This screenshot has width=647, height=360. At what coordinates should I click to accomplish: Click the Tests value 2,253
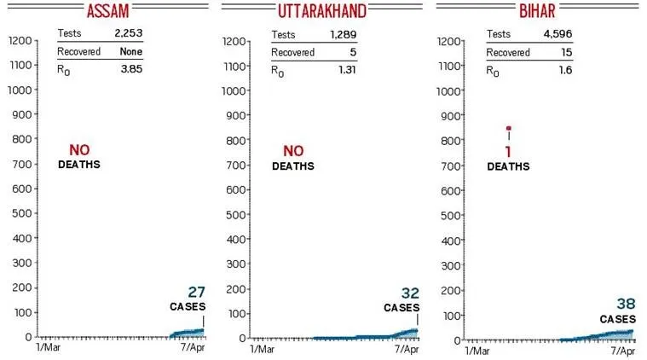click(129, 34)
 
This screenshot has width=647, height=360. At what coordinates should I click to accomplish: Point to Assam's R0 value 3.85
click(131, 70)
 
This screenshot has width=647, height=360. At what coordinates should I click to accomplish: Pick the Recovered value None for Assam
click(130, 52)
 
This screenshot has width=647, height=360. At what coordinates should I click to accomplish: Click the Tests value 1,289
click(343, 34)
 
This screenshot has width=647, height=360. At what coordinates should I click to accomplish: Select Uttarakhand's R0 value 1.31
click(345, 70)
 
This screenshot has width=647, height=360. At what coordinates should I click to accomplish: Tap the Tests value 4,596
click(557, 34)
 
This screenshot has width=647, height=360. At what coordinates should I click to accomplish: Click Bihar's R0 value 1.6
click(564, 70)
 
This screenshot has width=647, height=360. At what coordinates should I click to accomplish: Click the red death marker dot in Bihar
click(509, 129)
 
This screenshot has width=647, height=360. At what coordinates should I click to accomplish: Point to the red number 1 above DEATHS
click(509, 151)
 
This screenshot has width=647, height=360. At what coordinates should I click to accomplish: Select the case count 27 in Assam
click(197, 293)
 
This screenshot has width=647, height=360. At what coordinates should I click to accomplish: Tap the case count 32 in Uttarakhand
click(410, 293)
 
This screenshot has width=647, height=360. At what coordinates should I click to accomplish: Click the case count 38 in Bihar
click(626, 305)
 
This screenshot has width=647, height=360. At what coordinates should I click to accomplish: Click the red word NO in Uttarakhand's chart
click(293, 151)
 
